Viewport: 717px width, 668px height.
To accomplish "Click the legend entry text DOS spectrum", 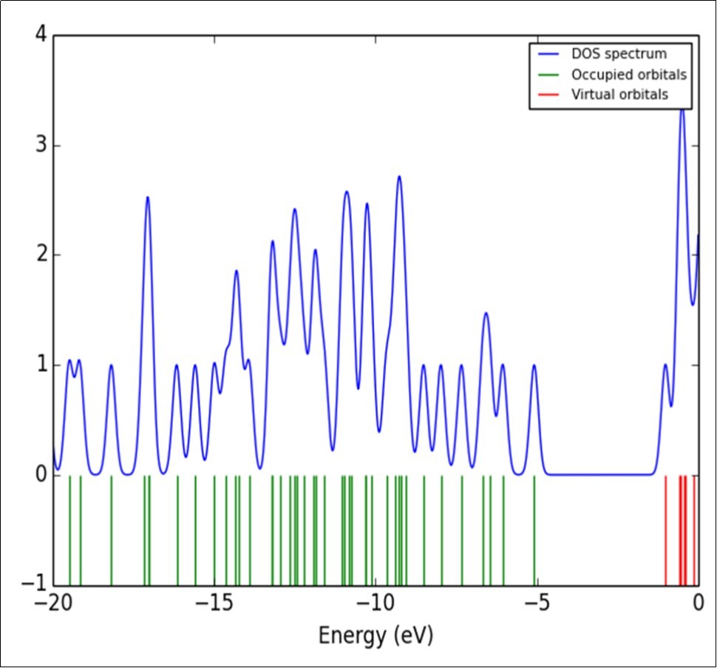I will click(619, 54).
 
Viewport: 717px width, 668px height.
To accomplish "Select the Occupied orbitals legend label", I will click(629, 75).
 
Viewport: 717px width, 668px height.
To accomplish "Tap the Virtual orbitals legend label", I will click(619, 95).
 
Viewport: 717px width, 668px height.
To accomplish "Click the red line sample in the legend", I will click(548, 95).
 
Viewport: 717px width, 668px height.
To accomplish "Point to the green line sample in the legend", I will click(548, 75).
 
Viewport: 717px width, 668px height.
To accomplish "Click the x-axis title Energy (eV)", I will click(376, 635).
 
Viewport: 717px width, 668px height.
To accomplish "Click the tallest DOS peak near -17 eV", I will click(148, 198).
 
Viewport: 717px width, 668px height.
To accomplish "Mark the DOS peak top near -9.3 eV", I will click(399, 177).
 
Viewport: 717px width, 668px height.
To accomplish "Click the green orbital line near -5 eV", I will click(534, 529).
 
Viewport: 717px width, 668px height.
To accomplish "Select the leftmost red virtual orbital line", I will click(666, 529).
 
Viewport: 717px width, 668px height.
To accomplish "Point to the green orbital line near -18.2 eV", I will click(112, 529).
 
